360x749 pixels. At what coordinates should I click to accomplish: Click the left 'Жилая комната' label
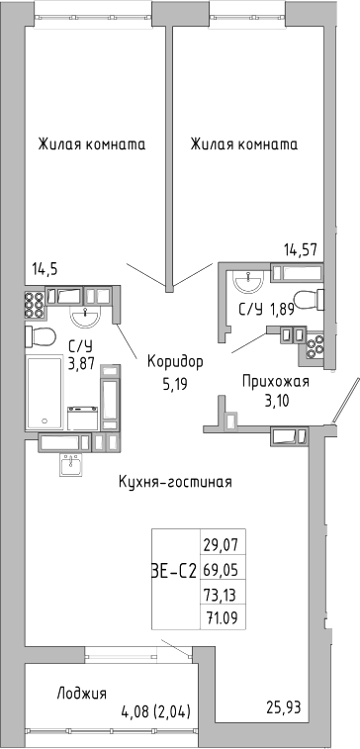pos(92,144)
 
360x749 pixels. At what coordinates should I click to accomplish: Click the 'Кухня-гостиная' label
pos(174,482)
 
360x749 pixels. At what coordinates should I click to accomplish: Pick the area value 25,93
pos(284,706)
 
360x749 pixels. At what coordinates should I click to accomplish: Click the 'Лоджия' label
pos(82,693)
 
